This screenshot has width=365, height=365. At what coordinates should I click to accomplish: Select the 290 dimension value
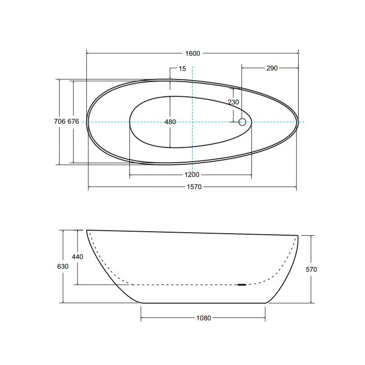click(271, 68)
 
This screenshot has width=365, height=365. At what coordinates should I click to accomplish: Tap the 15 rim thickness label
click(182, 68)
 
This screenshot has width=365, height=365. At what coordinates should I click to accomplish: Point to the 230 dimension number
click(233, 102)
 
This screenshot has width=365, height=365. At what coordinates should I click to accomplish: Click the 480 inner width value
click(170, 122)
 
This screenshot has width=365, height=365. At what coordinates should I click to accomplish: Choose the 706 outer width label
click(59, 122)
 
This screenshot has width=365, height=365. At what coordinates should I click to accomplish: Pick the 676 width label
click(73, 122)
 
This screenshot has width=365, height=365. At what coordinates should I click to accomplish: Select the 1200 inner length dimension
click(192, 175)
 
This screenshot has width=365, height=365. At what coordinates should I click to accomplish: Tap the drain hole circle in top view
click(242, 122)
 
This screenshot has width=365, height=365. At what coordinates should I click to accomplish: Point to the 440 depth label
click(77, 257)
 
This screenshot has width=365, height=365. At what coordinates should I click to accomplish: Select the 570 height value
click(311, 270)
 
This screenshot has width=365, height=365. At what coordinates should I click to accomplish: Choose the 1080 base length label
click(203, 318)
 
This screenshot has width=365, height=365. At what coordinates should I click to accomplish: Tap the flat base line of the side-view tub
click(203, 303)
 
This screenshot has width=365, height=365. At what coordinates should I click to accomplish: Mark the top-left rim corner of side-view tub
click(87, 231)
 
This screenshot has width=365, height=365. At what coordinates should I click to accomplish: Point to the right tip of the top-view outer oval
click(299, 122)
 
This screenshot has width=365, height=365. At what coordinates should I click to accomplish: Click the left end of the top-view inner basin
click(130, 122)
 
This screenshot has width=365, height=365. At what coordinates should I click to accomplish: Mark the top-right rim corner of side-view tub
click(297, 235)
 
